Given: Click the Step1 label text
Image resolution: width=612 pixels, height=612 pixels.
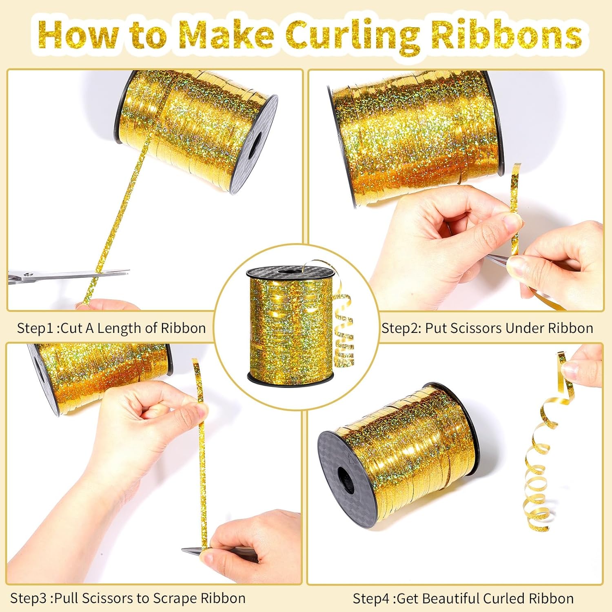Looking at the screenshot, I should [x=111, y=328].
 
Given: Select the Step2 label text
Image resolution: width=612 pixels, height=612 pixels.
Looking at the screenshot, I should [x=487, y=328].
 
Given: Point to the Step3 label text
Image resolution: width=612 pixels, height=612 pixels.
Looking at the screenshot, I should [x=128, y=598].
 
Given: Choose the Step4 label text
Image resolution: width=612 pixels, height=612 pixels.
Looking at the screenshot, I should [x=463, y=599].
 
